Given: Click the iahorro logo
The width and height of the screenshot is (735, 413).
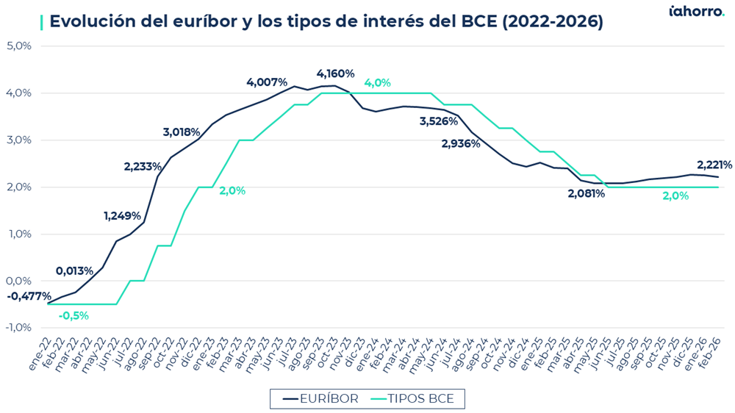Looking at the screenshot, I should coord(696,11).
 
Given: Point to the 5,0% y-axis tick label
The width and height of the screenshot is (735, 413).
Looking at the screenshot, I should coord(19,46).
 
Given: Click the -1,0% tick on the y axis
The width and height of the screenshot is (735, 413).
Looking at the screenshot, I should coord(18,328).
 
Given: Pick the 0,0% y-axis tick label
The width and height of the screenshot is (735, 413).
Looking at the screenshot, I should coord(19,281).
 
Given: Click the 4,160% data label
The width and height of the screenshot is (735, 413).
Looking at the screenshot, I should coord(335,73).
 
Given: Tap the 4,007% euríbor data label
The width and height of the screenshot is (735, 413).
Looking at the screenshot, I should coord(267,82).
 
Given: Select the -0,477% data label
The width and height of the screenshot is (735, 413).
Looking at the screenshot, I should coord(29,296).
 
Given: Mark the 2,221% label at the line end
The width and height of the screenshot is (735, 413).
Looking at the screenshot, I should coord(714,165).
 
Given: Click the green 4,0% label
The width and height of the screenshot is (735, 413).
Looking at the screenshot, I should coord(377,82).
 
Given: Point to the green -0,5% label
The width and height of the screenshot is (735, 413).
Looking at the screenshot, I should coord(73,315).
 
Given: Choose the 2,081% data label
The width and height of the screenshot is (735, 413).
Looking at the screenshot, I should coord(586,193).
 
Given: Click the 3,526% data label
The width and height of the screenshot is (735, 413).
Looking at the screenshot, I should coord(439,121).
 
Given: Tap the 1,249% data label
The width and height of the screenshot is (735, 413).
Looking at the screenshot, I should coord(123,216).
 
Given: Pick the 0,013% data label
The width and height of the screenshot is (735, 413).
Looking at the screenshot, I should coord(74,270).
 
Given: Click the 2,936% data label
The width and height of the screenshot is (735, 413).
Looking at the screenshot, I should coord(461,143).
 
